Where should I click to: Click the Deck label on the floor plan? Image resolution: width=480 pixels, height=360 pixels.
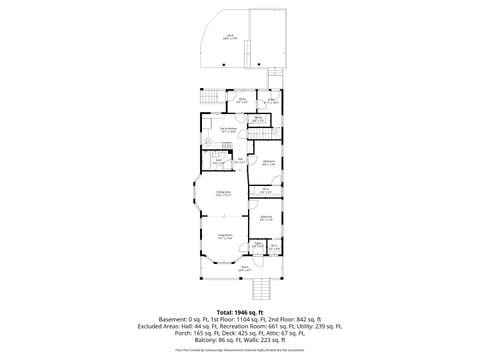click(230, 37)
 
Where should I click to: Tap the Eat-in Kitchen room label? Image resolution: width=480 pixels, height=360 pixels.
click(228, 129)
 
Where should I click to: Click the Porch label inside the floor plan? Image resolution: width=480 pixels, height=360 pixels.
click(244, 269)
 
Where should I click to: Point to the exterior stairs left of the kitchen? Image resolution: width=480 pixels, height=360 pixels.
click(210, 97)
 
